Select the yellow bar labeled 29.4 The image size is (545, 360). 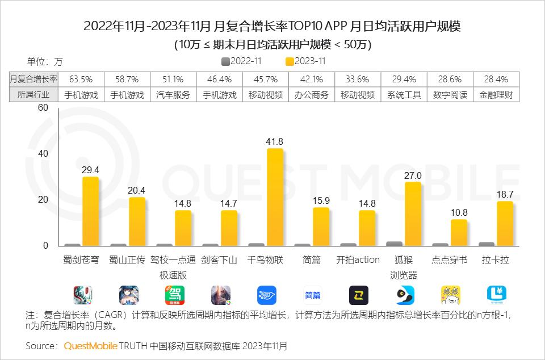click(90, 211)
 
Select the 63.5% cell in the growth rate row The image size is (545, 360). click(81, 79)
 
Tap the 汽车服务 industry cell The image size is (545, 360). click(173, 95)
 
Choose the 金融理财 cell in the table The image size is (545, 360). click(496, 95)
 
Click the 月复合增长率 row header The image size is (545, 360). click(33, 79)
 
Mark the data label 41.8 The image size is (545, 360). click(275, 141)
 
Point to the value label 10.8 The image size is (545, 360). click(459, 212)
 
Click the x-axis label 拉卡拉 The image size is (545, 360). click(496, 260)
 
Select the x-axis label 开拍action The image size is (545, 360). click(358, 260)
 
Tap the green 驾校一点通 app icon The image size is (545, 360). click(175, 295)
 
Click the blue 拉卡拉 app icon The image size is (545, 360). click(497, 294)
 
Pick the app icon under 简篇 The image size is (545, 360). click(313, 295)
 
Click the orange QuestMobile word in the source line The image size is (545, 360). click(91, 346)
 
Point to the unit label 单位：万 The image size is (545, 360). click(45, 61)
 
